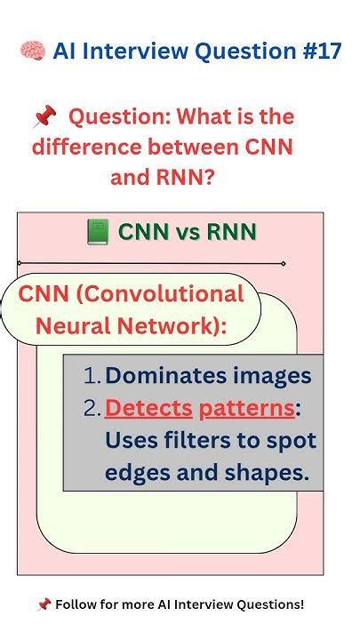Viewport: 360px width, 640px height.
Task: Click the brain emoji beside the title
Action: pos(33,51)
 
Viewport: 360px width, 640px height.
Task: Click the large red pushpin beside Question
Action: pos(44,116)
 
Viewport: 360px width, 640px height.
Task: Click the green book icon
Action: pos(98,232)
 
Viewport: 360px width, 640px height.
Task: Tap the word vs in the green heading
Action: pos(188,233)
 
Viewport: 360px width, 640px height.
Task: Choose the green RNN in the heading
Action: pos(231,232)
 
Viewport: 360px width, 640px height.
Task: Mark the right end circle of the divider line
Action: pos(284,264)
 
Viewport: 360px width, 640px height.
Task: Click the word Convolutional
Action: pos(160,294)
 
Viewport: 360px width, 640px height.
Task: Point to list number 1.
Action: pos(92,376)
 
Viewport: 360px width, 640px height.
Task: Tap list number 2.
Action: pos(92,408)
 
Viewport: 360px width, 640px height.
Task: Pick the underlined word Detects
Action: pos(148,408)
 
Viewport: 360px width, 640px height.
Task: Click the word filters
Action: pos(197,440)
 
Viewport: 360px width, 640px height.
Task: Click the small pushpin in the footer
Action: pos(44,604)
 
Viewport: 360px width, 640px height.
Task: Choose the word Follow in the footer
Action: pos(73,604)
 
